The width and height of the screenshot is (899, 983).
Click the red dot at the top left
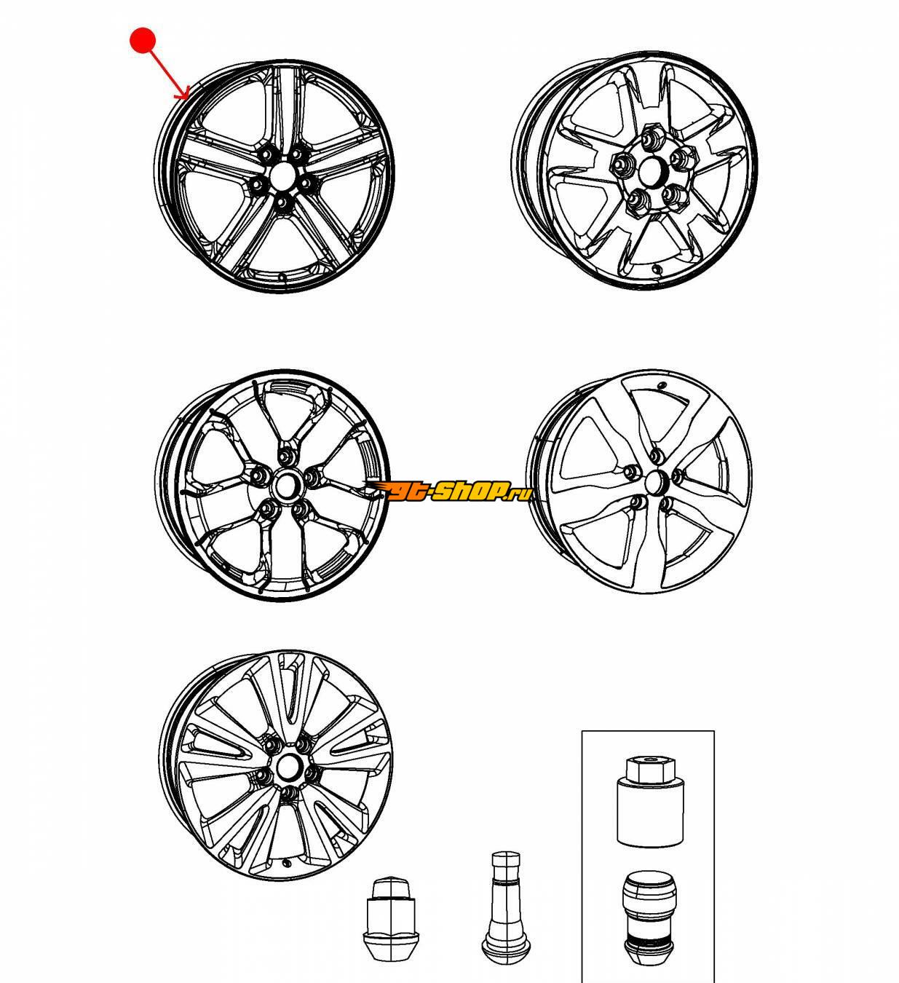[x=143, y=40]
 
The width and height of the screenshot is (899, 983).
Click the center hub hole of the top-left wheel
[x=282, y=175]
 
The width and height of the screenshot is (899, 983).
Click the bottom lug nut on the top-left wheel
[x=282, y=203]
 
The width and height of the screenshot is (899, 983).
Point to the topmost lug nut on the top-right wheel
[x=649, y=138]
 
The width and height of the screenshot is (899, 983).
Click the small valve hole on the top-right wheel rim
[x=656, y=269]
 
